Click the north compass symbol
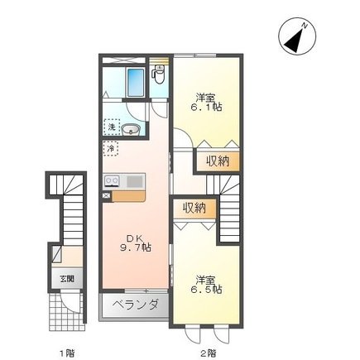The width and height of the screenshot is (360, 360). coord(297,37)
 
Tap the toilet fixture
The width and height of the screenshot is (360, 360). coord(159,74)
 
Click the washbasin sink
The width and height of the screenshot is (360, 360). coord(131,130)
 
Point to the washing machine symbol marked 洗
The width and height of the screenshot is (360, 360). coord(112,127)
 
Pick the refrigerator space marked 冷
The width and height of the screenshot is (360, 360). coord(111,148)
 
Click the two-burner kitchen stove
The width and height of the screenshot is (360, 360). coord(112,181)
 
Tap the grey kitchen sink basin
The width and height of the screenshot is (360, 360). coord(135,181)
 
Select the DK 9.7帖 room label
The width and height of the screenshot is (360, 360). coord(136,242)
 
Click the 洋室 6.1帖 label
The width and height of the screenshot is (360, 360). coord(206,102)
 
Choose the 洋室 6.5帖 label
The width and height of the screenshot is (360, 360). coord(206,285)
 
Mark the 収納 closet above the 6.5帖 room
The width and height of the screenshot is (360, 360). coord(194,208)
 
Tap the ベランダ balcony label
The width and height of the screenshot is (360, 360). coord(136,305)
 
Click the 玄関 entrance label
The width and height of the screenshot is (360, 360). coord(67,279)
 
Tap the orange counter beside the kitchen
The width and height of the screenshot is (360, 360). coord(129,196)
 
